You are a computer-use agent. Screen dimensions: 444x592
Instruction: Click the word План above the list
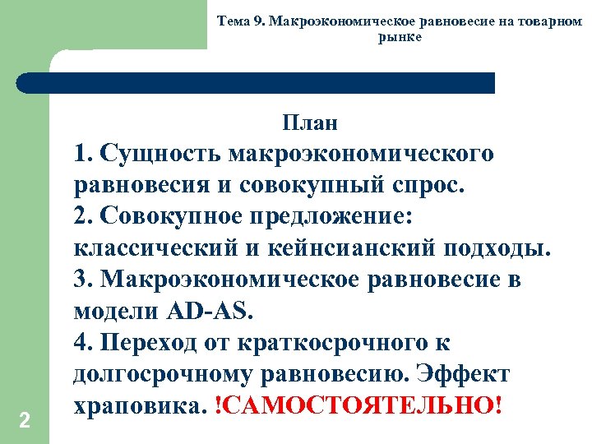pyautogui.click(x=310, y=124)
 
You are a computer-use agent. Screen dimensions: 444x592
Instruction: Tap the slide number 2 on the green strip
pyautogui.click(x=25, y=421)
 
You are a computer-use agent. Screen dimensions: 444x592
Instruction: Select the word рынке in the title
pyautogui.click(x=400, y=38)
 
